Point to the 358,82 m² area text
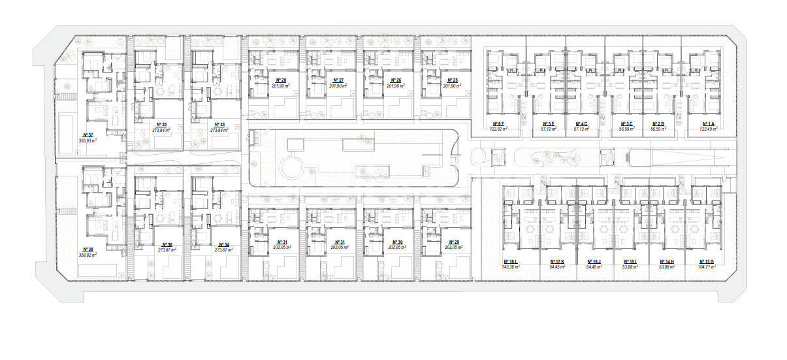click(x=88, y=255)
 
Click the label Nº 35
click(x=161, y=124)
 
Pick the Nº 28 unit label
click(x=280, y=80)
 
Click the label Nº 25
click(x=451, y=80)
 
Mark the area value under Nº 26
click(x=395, y=86)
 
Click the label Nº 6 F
click(x=498, y=123)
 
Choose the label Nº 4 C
click(x=581, y=123)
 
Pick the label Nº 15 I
click(x=630, y=261)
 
